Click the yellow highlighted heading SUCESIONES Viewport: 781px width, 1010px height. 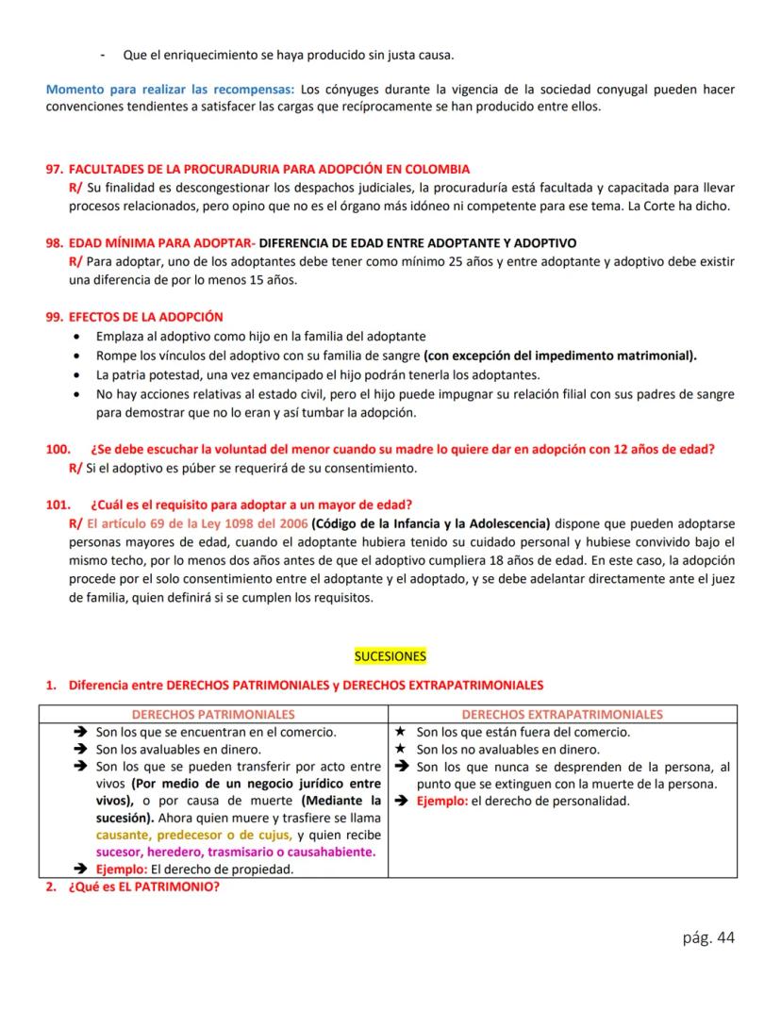(x=390, y=655)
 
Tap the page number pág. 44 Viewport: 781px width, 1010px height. (x=707, y=936)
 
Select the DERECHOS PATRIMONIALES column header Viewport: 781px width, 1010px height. (x=213, y=715)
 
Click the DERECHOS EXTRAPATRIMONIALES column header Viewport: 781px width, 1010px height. (x=562, y=715)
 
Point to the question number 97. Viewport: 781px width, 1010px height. (x=54, y=170)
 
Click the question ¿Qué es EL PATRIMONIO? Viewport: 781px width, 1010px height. (x=143, y=886)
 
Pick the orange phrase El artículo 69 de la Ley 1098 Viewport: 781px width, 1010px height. (x=198, y=522)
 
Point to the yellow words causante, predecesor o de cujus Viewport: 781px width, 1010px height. (x=193, y=835)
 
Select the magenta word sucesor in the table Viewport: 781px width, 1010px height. (x=119, y=852)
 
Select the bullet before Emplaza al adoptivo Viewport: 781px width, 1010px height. (x=76, y=336)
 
